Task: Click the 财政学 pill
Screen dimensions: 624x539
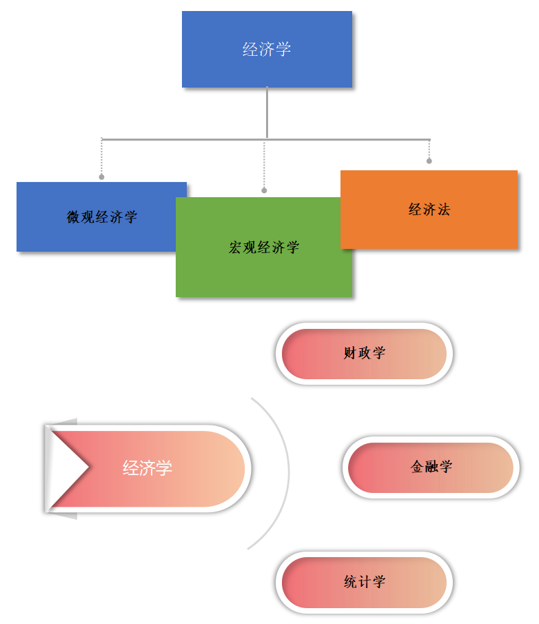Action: [x=364, y=354]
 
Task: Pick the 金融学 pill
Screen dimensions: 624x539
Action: [x=431, y=467]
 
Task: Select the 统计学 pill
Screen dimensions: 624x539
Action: [x=364, y=582]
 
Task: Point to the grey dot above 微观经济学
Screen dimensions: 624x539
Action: [x=101, y=177]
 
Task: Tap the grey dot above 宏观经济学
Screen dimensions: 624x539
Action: [x=264, y=190]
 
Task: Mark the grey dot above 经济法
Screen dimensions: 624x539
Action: [x=429, y=161]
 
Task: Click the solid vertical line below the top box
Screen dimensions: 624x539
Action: [x=267, y=114]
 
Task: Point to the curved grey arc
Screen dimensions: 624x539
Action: [x=287, y=472]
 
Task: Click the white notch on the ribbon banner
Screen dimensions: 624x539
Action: [x=65, y=467]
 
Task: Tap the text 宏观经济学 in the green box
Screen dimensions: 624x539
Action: [x=264, y=248]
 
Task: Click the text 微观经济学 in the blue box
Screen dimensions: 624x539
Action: [x=102, y=217]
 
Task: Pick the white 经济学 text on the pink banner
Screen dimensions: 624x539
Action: [x=147, y=468]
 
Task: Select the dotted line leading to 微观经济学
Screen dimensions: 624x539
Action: [x=101, y=157]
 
